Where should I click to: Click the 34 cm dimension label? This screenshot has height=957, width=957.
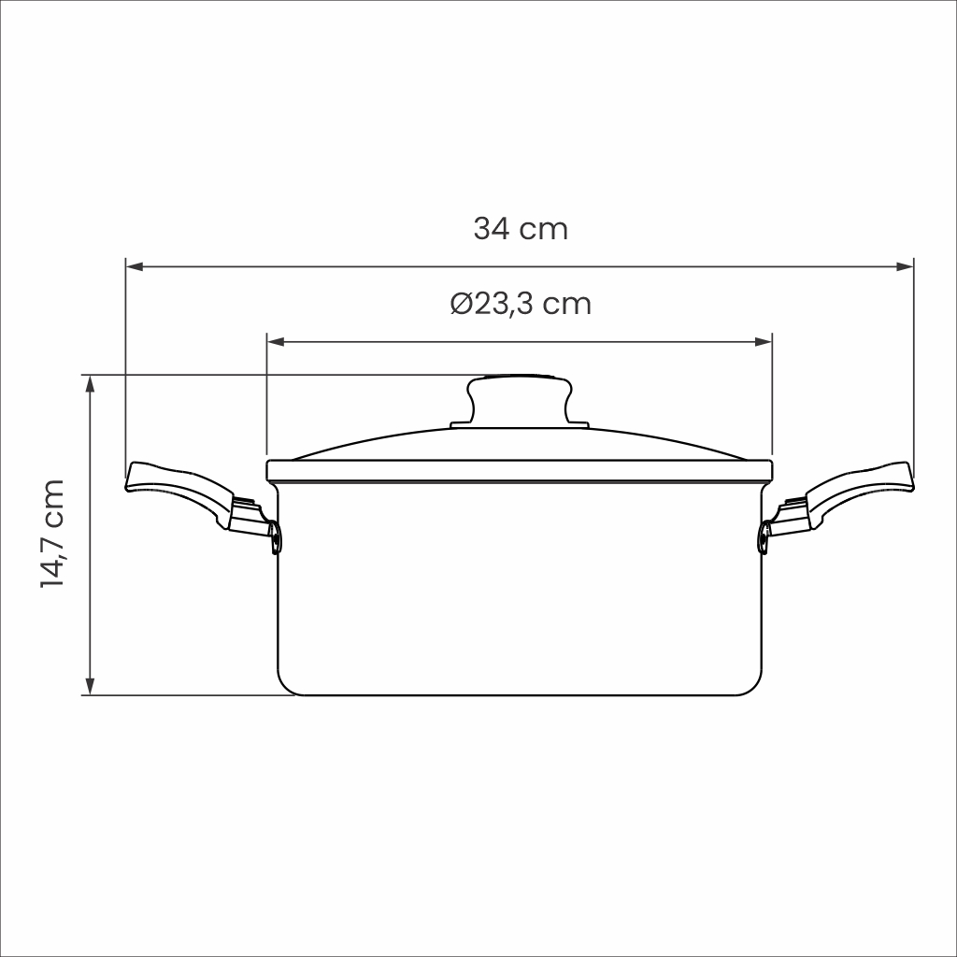coord(521,229)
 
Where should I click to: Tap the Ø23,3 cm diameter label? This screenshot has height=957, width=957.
coord(521,304)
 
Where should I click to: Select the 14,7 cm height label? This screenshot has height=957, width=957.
coord(52,534)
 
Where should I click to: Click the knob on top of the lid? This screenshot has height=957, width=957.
coord(520,399)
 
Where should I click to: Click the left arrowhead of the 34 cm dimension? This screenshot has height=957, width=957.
coord(135,266)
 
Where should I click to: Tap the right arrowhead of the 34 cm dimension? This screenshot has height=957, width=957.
coord(905,266)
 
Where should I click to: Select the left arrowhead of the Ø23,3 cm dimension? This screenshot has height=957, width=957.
coord(276,342)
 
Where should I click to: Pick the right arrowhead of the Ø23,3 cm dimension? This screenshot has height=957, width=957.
coord(764,342)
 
